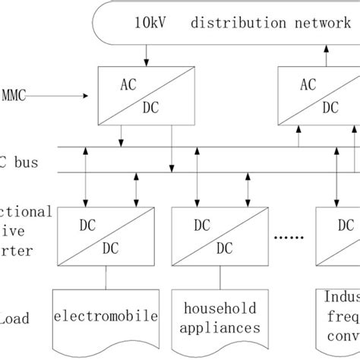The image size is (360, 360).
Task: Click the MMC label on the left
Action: pyautogui.click(x=14, y=96)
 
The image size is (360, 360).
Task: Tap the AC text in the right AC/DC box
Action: pyautogui.click(x=309, y=84)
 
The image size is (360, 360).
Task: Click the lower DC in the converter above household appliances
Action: pyautogui.click(x=223, y=248)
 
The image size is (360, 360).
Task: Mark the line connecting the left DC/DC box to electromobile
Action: pyautogui.click(x=106, y=278)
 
